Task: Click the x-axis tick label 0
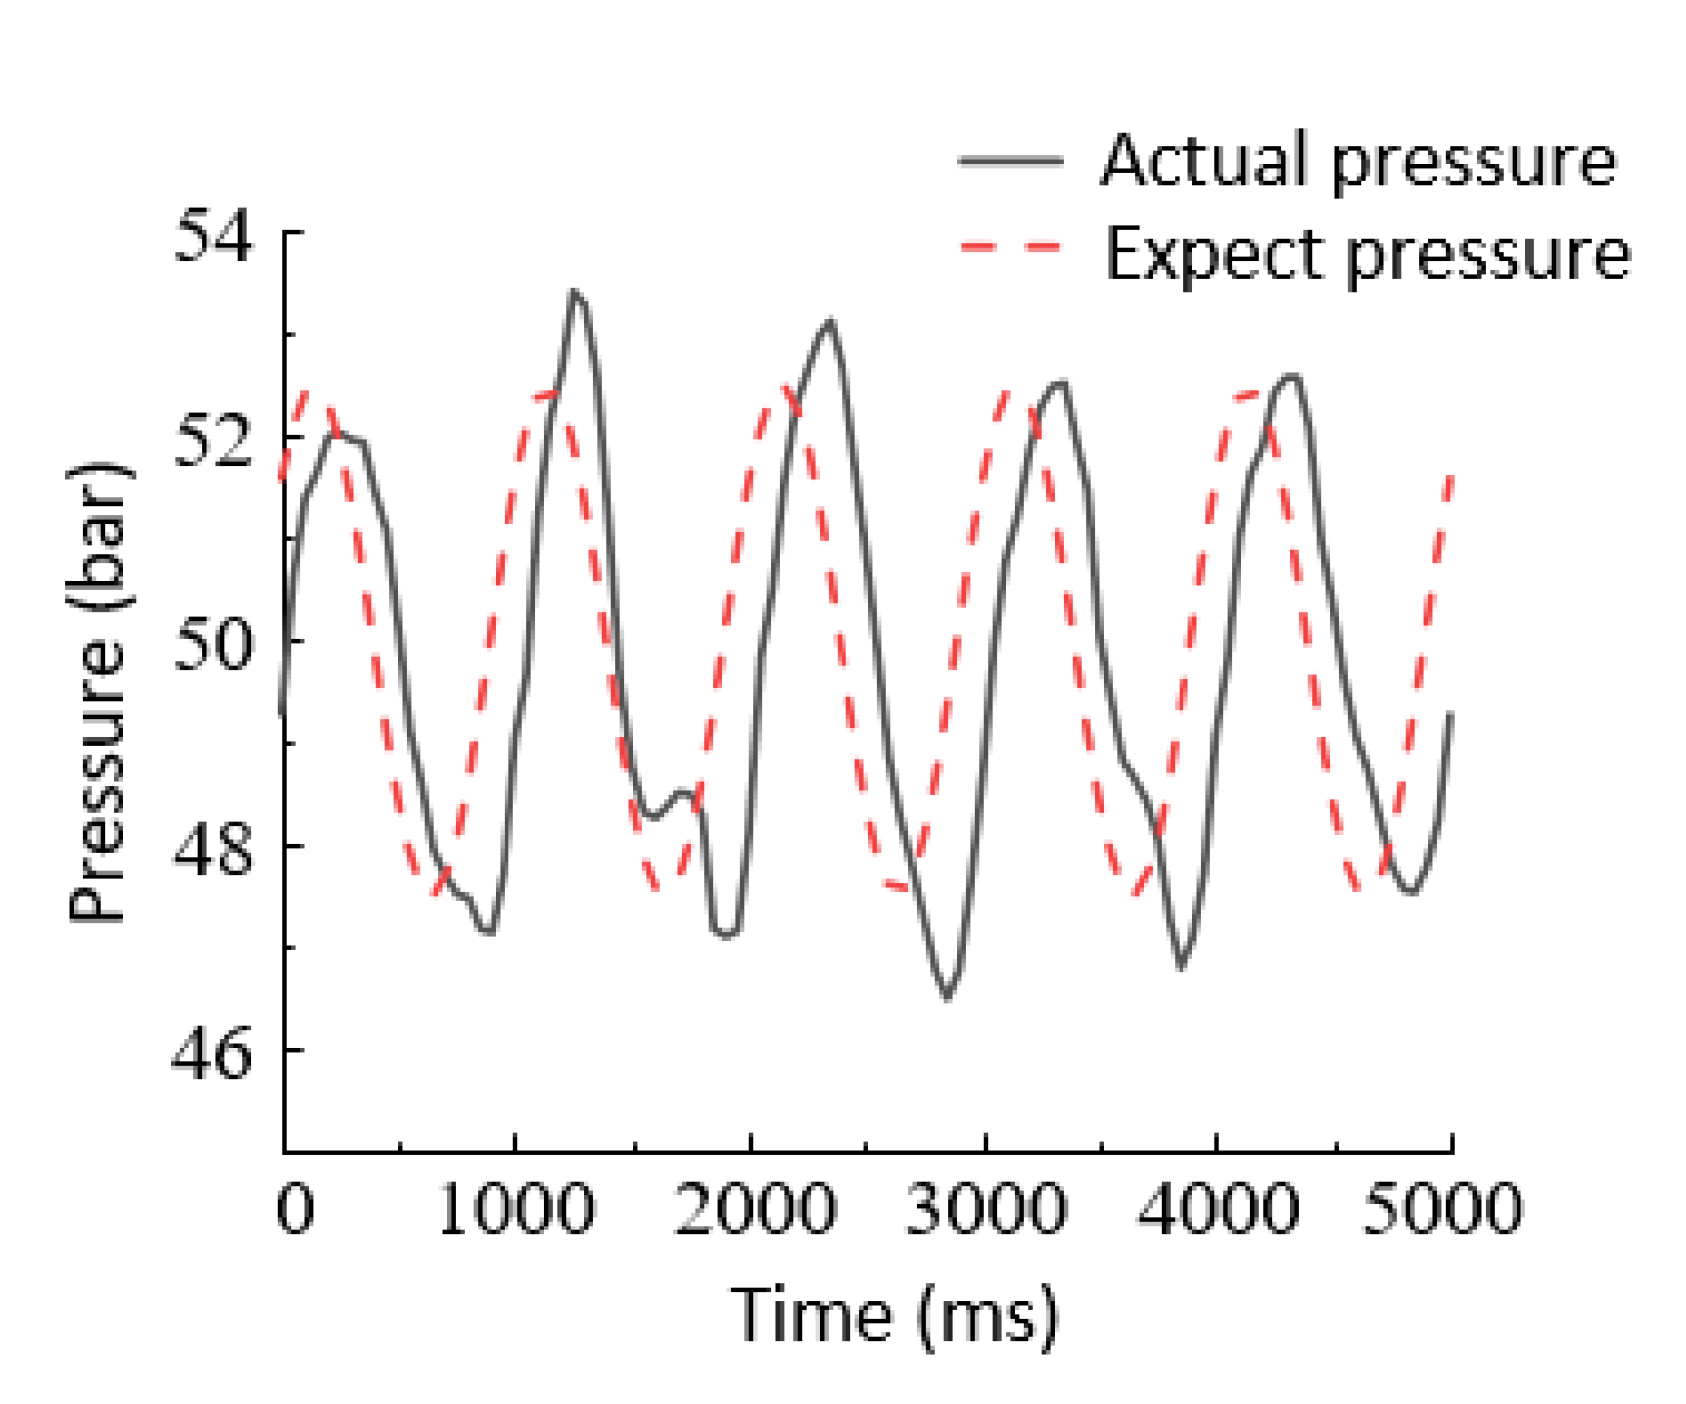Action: (295, 1209)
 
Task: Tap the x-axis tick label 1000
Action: (515, 1209)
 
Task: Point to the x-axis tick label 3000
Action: (985, 1209)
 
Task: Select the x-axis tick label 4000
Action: (1217, 1209)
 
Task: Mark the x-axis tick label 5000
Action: (1442, 1209)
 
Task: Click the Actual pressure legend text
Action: (1358, 161)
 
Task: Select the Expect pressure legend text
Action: (1367, 255)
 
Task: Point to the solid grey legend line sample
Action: (1010, 161)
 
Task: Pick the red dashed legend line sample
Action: (1010, 246)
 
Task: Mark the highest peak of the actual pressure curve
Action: (574, 292)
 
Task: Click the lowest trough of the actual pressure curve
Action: (947, 997)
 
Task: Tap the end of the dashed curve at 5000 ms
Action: (1451, 477)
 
